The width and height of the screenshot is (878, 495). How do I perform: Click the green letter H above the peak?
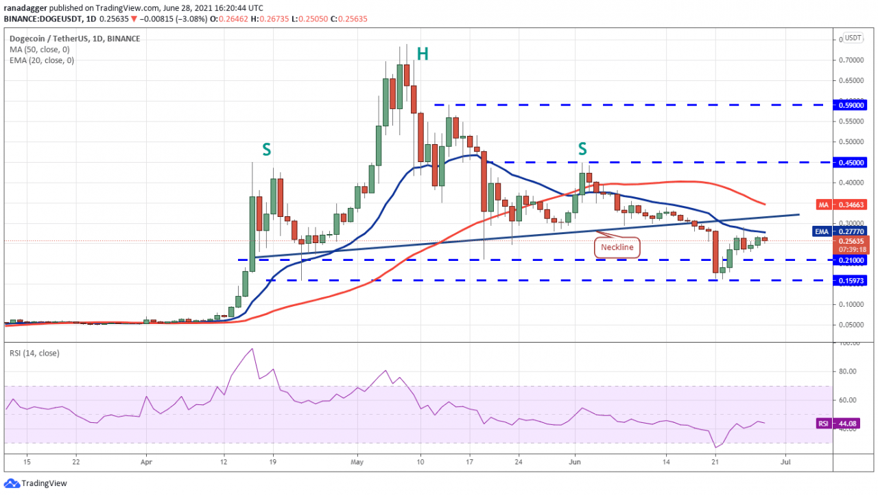pyautogui.click(x=423, y=54)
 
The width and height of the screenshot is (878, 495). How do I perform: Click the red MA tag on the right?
pyautogui.click(x=824, y=205)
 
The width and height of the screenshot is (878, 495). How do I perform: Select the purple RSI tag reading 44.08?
pyautogui.click(x=824, y=424)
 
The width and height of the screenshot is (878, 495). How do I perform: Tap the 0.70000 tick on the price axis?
pyautogui.click(x=851, y=60)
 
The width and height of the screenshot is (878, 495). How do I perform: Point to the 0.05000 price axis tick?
pyautogui.click(x=851, y=325)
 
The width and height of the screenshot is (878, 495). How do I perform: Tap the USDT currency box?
pyautogui.click(x=853, y=38)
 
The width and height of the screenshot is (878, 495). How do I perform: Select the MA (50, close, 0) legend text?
pyautogui.click(x=40, y=49)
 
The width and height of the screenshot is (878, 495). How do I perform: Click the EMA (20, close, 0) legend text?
pyautogui.click(x=43, y=60)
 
